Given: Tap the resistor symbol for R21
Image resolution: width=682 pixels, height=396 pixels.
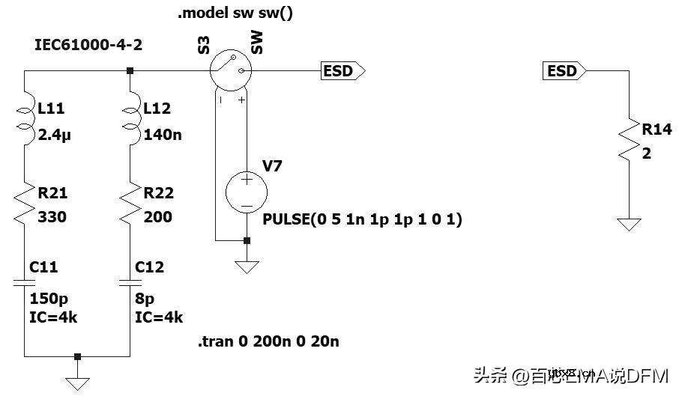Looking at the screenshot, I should point(25,204).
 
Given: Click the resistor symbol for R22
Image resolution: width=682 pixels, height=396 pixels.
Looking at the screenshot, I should point(130,204).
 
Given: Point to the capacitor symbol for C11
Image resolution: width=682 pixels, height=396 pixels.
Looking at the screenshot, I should point(25,283).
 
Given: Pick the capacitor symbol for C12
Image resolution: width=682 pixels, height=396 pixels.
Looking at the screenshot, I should point(130,283).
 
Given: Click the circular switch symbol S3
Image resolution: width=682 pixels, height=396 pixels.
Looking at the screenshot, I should point(230,71).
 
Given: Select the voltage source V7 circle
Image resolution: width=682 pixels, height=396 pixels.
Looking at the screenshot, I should point(247,192).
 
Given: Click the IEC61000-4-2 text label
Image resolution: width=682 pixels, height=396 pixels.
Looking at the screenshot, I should point(88,45).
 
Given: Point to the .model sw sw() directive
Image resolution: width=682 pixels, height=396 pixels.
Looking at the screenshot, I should point(235,13).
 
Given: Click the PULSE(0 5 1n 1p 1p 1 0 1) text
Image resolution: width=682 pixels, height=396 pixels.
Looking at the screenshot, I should point(363,219).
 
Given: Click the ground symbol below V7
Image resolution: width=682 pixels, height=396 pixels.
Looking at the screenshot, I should point(247,266).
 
